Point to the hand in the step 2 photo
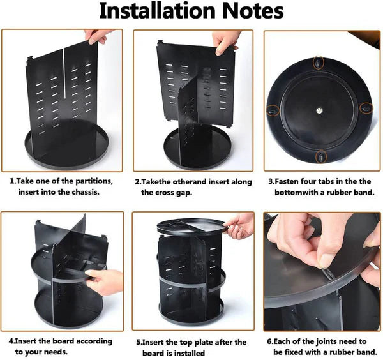click(227, 42)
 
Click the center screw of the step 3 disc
click(319, 110)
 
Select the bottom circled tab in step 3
click(321, 155)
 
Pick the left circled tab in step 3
click(273, 110)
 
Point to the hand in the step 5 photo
click(239, 225)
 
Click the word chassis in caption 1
click(86, 191)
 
